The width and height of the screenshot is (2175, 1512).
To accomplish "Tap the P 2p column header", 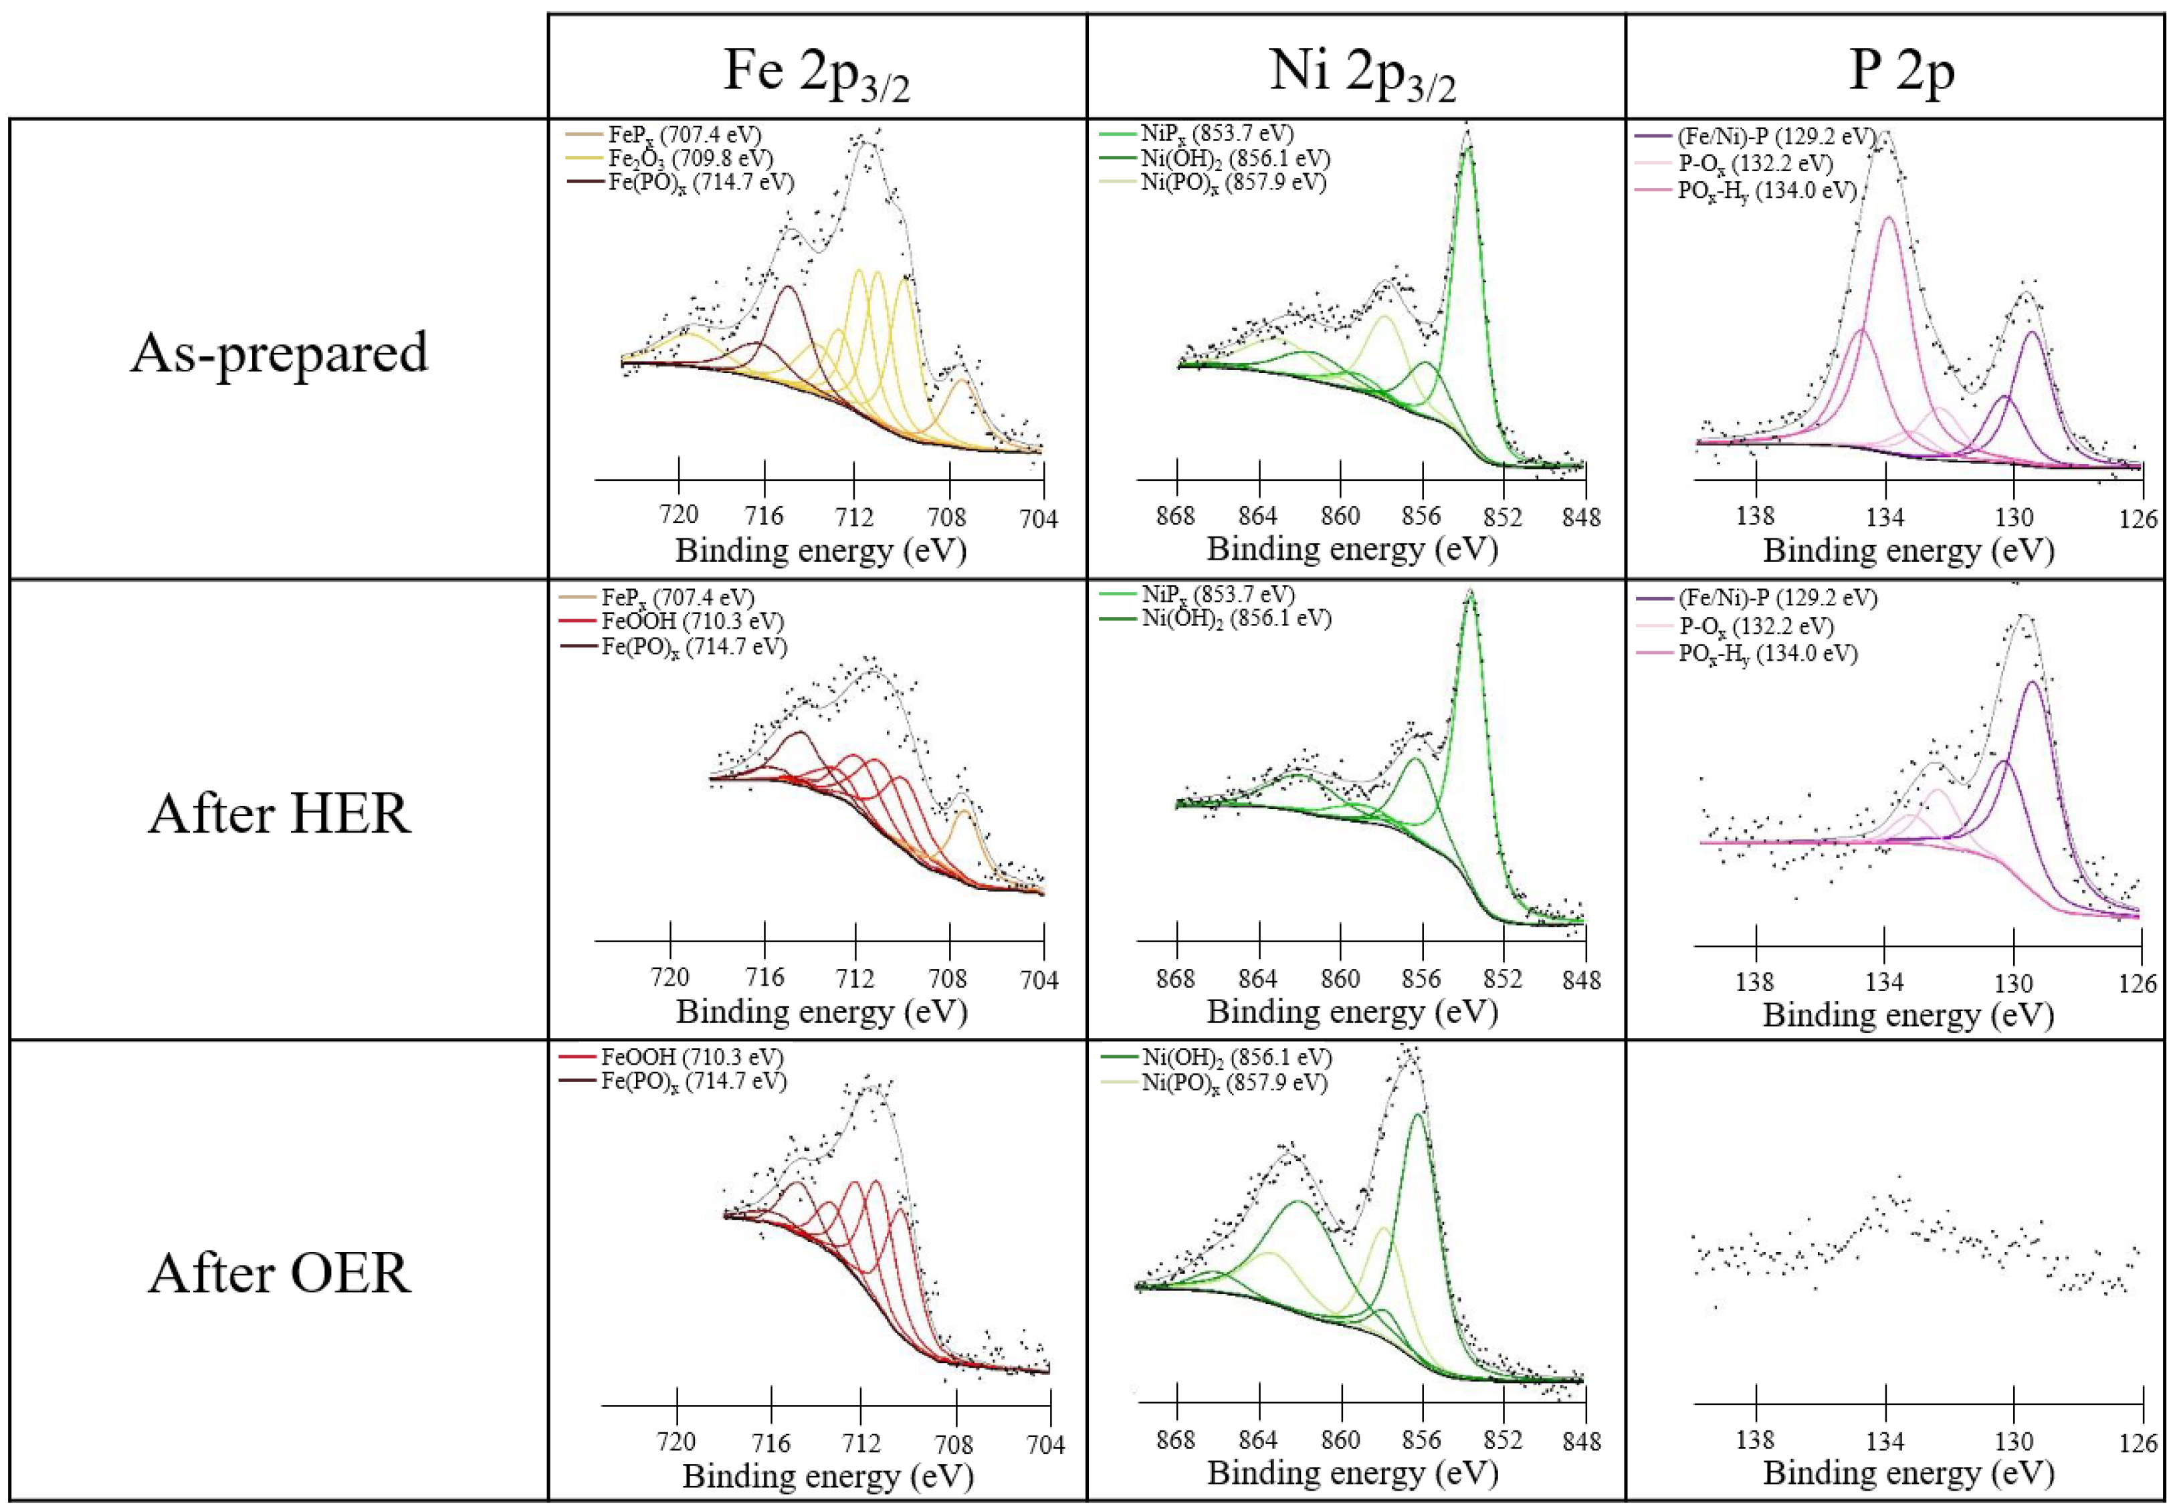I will click(1901, 70).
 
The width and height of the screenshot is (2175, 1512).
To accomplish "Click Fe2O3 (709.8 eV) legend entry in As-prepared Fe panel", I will click(690, 158).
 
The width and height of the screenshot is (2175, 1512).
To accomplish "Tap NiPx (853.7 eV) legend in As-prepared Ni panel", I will click(1217, 134).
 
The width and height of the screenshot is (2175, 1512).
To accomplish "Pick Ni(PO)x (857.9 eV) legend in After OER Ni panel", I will click(1233, 1083).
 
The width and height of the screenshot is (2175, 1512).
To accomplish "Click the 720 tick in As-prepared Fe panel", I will click(680, 514).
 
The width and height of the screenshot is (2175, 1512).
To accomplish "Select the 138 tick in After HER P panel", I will click(1756, 982).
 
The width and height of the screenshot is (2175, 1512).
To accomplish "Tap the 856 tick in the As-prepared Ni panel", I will click(1421, 516).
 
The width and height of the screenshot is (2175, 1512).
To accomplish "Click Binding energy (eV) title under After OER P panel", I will click(1908, 1473).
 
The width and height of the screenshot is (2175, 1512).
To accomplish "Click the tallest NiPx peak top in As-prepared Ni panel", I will click(1467, 150).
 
